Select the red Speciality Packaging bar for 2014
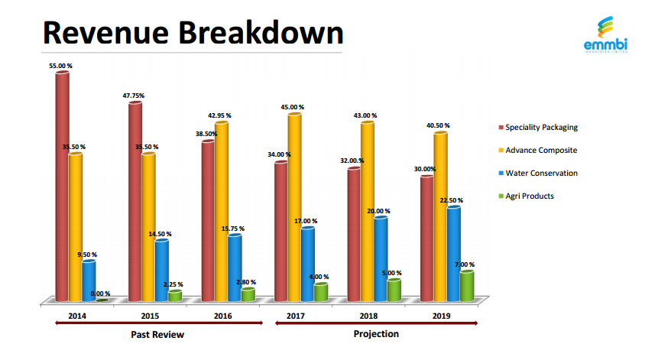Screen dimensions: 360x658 tap(62, 187)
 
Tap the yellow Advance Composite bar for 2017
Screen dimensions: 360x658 tap(294, 206)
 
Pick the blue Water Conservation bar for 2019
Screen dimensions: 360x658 tap(454, 252)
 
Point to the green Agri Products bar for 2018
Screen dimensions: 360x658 tap(394, 290)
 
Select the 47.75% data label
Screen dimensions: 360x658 tap(133, 96)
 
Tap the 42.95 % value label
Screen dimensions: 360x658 tap(219, 115)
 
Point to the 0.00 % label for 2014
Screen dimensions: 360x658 tap(100, 294)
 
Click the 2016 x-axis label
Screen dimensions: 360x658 tap(222, 316)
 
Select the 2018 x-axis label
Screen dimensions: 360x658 tap(368, 316)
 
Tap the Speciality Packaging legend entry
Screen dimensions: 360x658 tap(542, 127)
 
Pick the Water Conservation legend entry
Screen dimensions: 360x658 tap(542, 173)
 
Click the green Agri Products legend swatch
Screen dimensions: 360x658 tap(501, 196)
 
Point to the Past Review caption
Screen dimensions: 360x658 tap(158, 335)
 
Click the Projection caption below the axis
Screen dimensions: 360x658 tap(376, 334)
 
